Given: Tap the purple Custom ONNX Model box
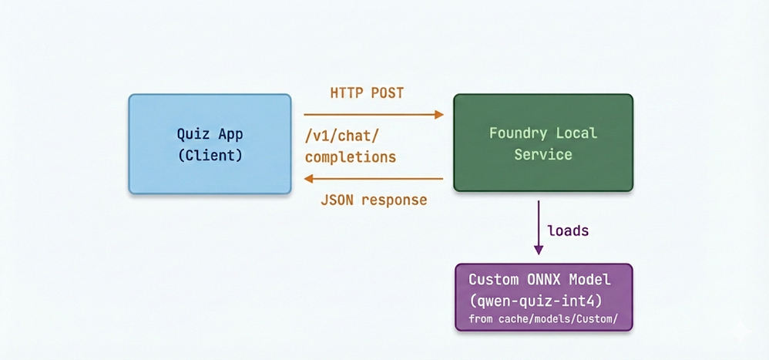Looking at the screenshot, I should coord(542,297).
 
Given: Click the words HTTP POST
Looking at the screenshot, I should coord(367,93).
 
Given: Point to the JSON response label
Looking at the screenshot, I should coord(373,200).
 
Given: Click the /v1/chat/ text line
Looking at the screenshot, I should coord(342,136).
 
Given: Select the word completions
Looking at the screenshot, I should coord(351,157).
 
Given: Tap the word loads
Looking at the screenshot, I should coord(569,230).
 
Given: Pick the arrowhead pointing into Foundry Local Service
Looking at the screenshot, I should coord(439,115).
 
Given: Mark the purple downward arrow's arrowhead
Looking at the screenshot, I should coord(539,249).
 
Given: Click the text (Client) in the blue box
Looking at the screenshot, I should coord(210,155).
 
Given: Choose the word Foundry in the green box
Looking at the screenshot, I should coord(516,133).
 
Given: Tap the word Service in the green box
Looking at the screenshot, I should coord(543,154).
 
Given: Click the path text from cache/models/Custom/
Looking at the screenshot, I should coord(543,318).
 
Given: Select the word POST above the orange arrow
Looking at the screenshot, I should coord(387,93).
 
